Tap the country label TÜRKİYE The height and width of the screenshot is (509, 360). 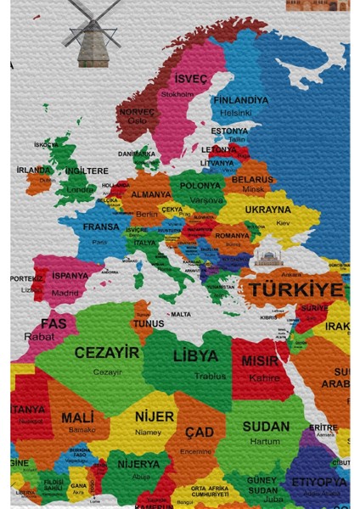coord(295,289)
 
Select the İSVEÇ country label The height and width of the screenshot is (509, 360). coord(190,79)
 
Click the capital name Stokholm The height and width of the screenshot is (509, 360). coord(177,94)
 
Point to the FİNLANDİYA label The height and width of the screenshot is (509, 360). coord(239,100)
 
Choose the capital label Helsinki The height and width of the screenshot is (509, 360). coord(236,112)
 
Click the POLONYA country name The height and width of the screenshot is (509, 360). coord(200,186)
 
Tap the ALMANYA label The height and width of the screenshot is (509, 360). coord(150,194)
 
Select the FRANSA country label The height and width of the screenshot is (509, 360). coord(101,227)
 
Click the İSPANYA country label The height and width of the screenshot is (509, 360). coord(70,276)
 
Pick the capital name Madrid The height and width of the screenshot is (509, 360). coord(65,293)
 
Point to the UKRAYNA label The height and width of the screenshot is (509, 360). coord(267,210)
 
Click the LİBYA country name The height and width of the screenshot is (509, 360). coord(195,355)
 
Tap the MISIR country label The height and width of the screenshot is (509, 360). coord(260,361)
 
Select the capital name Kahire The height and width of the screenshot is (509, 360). coord(264,377)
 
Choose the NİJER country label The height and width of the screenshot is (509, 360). coord(154,417)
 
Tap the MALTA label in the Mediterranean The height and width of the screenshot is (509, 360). coord(181,315)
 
